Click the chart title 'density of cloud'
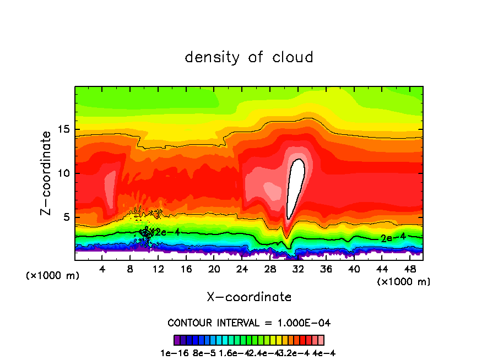point(249,57)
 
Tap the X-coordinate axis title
point(249,297)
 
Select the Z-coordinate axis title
point(47,173)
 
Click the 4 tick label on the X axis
point(102,269)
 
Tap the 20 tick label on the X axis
point(214,269)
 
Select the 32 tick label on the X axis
point(298,269)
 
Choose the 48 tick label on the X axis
point(409,269)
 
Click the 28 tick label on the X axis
point(270,269)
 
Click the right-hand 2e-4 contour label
point(393,237)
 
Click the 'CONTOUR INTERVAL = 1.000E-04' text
point(249,323)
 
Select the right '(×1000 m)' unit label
point(403,281)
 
